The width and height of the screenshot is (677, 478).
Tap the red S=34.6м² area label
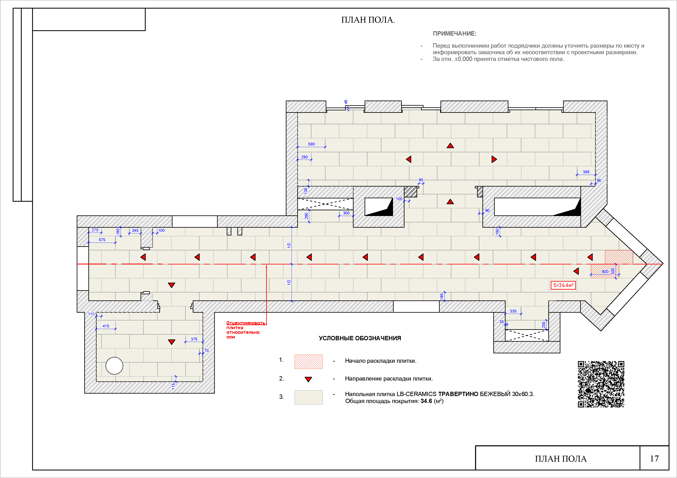click(563, 285)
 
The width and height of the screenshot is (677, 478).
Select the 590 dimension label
click(311, 144)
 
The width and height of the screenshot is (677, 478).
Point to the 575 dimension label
click(102, 240)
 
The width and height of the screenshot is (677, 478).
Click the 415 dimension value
click(106, 326)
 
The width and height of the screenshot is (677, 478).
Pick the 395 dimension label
click(586, 172)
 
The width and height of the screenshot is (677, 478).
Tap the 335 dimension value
click(513, 311)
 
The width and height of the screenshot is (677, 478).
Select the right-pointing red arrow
click(494, 159)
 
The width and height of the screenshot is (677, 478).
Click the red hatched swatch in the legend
click(308, 362)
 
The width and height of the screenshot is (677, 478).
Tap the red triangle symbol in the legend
click(308, 379)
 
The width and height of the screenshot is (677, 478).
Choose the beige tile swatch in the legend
click(308, 397)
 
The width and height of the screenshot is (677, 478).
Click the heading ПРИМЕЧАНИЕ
click(454, 34)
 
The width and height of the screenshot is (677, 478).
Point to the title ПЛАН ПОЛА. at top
click(368, 20)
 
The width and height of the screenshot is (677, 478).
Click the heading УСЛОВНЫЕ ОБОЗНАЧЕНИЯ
click(360, 338)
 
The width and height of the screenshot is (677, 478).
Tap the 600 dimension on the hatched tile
click(605, 272)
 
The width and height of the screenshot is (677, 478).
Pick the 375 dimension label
click(194, 339)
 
